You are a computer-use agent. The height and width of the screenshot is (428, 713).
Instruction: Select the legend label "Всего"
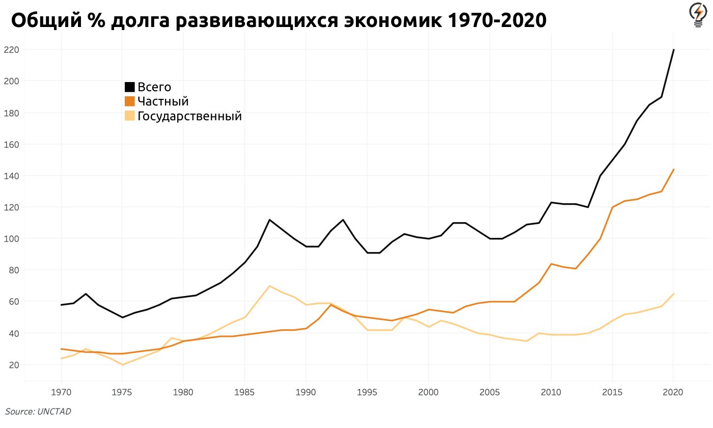(154, 87)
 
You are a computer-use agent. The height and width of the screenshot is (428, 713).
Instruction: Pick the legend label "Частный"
(163, 101)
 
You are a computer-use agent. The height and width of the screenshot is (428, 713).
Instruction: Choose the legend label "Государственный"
(189, 116)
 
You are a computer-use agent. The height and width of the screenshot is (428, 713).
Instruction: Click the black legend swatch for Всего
(130, 87)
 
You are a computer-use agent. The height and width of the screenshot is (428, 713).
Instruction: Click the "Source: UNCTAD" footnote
(38, 412)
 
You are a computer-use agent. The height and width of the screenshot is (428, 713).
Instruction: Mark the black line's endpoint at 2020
(673, 50)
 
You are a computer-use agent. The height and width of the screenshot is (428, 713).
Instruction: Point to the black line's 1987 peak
(269, 220)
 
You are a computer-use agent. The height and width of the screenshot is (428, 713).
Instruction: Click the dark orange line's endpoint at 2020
(673, 170)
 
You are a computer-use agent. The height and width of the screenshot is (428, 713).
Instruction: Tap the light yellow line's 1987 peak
(269, 286)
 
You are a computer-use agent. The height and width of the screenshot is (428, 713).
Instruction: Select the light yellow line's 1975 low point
(122, 365)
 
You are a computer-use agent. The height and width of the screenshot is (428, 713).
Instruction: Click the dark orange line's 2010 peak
(551, 264)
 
